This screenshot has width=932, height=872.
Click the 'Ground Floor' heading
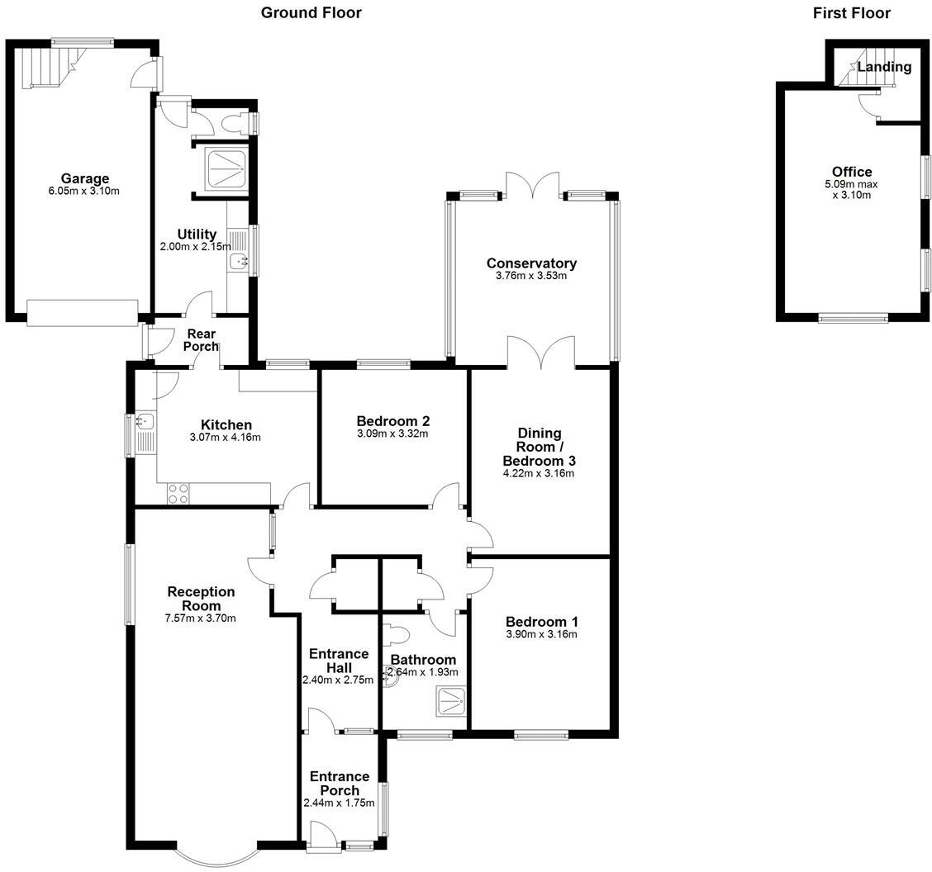[x=311, y=12]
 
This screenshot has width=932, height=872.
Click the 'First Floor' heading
[x=851, y=12]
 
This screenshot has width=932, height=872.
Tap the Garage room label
[x=84, y=178]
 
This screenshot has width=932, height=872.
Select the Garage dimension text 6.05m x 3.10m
[x=84, y=192]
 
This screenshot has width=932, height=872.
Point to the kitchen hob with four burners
[x=178, y=494]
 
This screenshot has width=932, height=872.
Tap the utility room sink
[x=240, y=262]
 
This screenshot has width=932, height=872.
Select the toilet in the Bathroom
[x=397, y=635]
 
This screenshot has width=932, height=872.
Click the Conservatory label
[x=531, y=263]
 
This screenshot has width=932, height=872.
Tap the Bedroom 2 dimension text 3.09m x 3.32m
[x=392, y=434]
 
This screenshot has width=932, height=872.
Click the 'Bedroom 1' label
[x=541, y=622]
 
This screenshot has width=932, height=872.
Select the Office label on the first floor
[x=851, y=172]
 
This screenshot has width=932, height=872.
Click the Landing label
[x=883, y=67]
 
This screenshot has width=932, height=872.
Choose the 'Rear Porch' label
[x=201, y=340]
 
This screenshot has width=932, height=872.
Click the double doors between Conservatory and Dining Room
[x=540, y=352]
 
